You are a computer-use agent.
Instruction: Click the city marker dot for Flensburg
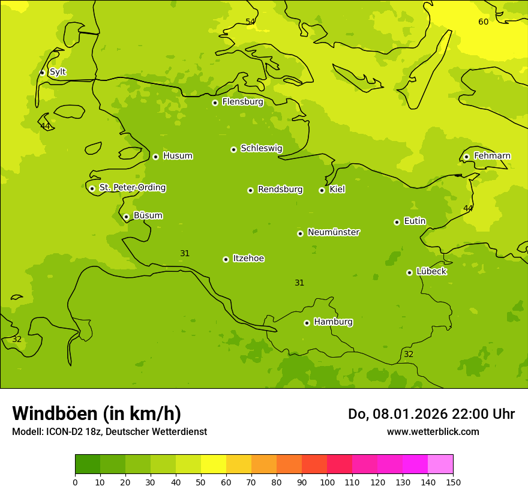pos(215,103)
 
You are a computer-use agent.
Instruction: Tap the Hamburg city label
pos(333,322)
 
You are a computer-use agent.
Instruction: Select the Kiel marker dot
pos(322,190)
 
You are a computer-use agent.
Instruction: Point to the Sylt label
pos(58,72)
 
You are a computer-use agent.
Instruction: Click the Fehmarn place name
pos(492,156)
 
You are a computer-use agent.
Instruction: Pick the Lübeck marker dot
pos(409,272)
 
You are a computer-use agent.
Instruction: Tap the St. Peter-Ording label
pos(133,187)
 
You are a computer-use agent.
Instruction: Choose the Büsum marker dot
pos(126,217)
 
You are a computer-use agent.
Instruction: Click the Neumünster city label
pos(334,232)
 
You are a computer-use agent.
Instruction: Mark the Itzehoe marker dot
pos(226,259)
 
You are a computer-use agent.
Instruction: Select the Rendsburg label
pos(280,190)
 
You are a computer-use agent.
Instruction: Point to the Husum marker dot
pos(155,157)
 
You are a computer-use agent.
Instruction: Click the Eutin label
pos(415,221)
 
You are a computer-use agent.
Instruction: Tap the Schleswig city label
pos(261,148)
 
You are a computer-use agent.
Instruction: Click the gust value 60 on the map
pos(483,22)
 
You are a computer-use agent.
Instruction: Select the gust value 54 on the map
pos(250,22)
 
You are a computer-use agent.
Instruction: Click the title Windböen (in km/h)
pos(97,413)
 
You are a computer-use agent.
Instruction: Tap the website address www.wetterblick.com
pos(433,431)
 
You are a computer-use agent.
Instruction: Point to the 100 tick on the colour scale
pos(327,482)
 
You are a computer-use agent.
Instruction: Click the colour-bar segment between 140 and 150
pos(440,464)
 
